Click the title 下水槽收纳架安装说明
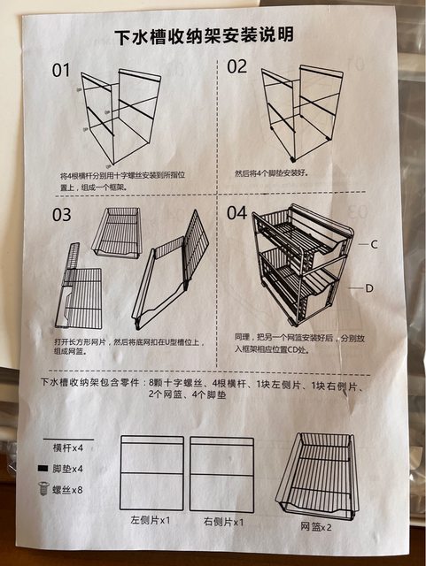[x=205, y=35]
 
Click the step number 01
[x=61, y=70]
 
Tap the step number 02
[x=236, y=67]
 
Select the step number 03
[x=61, y=214]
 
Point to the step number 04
[x=236, y=212]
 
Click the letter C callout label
[x=374, y=245]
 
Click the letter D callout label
[x=368, y=288]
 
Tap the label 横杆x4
[x=68, y=448]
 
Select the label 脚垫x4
[x=67, y=469]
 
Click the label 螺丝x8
[x=67, y=490]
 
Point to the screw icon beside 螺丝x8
[x=43, y=489]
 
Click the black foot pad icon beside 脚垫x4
[x=43, y=468]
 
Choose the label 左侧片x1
[x=150, y=520]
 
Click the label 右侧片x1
[x=223, y=522]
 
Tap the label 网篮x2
[x=315, y=527]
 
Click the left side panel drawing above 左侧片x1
[x=151, y=473]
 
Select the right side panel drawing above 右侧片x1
[x=221, y=474]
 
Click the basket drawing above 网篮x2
[x=317, y=477]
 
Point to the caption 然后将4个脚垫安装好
[x=272, y=173]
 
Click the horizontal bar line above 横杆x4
[x=68, y=440]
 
